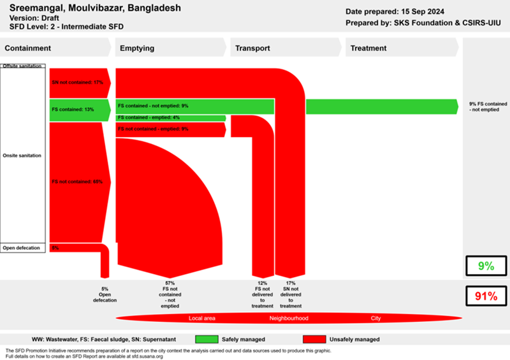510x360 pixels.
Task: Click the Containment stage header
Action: [x=27, y=48]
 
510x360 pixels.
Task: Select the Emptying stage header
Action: [x=136, y=48]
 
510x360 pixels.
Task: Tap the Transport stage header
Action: [x=252, y=48]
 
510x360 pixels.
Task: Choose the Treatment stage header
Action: [x=368, y=48]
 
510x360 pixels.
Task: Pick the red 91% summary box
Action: [x=486, y=296]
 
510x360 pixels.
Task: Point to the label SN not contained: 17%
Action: [x=77, y=82]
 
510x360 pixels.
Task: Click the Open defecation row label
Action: [x=22, y=248]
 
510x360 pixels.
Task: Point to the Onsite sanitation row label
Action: [x=23, y=155]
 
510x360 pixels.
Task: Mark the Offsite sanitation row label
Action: [x=22, y=66]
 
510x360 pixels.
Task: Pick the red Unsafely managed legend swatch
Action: [x=310, y=339]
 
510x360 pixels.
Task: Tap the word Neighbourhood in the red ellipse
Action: [x=289, y=318]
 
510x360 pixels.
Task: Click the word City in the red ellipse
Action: [x=377, y=318]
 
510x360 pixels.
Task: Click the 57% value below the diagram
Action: [x=170, y=283]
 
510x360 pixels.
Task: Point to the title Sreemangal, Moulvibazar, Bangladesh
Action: [x=95, y=8]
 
